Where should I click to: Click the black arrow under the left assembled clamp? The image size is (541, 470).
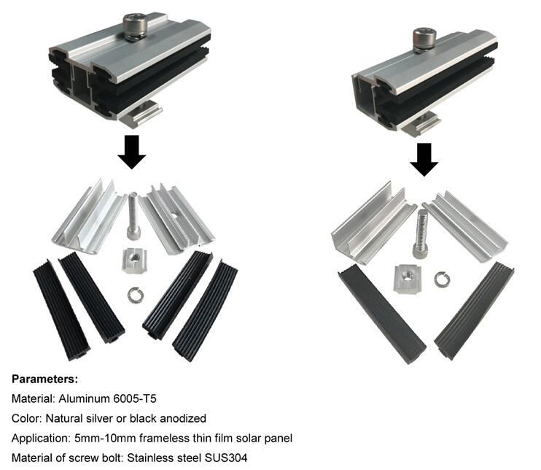click(131, 152)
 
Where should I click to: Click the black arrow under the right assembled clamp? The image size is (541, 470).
click(424, 160)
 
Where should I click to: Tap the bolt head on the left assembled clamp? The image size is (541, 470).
click(135, 26)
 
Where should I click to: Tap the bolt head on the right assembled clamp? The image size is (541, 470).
click(425, 40)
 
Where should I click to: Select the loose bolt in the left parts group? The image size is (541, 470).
click(133, 217)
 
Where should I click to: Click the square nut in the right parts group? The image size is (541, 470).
click(407, 279)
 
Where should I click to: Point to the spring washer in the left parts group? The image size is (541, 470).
click(135, 296)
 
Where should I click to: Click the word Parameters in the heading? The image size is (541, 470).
click(44, 380)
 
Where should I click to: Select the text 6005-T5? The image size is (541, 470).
click(135, 399)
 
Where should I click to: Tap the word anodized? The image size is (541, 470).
click(183, 418)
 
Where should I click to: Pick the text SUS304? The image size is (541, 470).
click(226, 458)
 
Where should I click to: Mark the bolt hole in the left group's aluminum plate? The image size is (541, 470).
click(174, 216)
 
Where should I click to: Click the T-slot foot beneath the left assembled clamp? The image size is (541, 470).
click(142, 115)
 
